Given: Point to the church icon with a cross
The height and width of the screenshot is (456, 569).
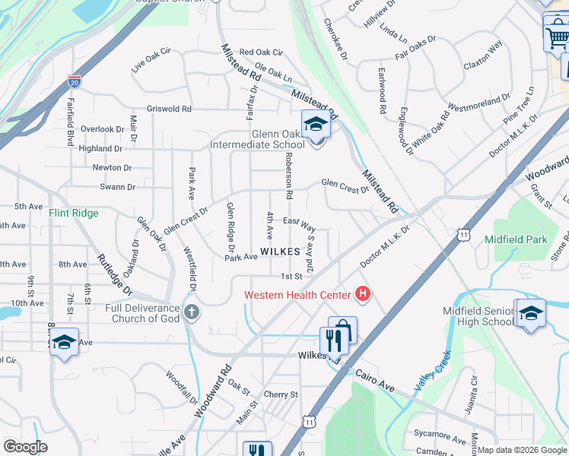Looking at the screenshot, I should [191, 312].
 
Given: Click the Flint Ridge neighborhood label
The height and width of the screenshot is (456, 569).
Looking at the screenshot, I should [74, 214].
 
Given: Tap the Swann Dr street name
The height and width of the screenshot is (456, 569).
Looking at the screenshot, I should [117, 187].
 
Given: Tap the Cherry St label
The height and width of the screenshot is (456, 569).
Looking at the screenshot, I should [281, 394].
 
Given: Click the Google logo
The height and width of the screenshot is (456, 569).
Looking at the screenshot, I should [25, 447].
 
